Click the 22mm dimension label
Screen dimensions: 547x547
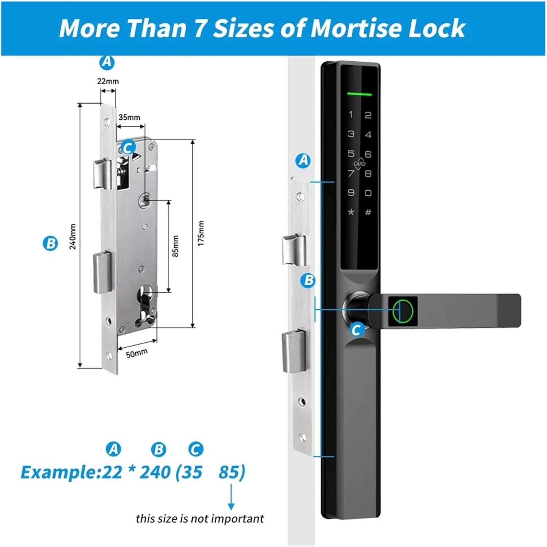coord(108,81)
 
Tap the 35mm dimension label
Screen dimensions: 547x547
coord(129,117)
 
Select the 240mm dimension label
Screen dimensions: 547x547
coord(73,237)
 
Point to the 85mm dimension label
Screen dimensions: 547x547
coord(176,246)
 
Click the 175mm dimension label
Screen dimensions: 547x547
coord(201,234)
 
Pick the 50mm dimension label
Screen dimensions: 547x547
coord(137,353)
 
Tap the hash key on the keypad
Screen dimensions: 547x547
coord(368,212)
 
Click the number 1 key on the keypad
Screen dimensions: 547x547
coord(351,115)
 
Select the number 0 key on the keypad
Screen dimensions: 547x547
coord(368,193)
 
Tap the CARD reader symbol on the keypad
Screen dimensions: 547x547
coord(360,164)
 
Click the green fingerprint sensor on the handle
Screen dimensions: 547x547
coord(403,311)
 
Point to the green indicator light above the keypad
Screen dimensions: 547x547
coord(360,94)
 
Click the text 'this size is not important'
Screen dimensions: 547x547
coord(199,519)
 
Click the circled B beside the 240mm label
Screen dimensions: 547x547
coord(50,243)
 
